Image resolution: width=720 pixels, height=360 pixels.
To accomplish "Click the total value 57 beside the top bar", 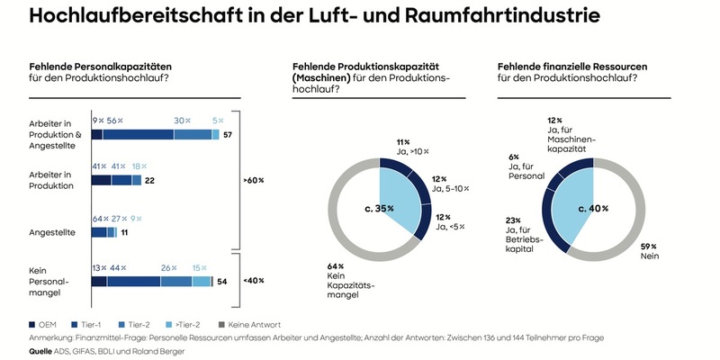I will pos(229,134).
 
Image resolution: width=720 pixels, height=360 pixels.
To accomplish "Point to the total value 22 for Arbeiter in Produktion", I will pos(150,181).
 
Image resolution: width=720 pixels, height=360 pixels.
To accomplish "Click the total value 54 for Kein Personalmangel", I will pos(221,283).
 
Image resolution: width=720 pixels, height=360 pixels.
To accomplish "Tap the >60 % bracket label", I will pos(254,180).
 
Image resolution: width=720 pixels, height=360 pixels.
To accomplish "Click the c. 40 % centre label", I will pos(592,208).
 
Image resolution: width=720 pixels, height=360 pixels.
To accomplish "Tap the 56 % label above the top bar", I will pos(115,120).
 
